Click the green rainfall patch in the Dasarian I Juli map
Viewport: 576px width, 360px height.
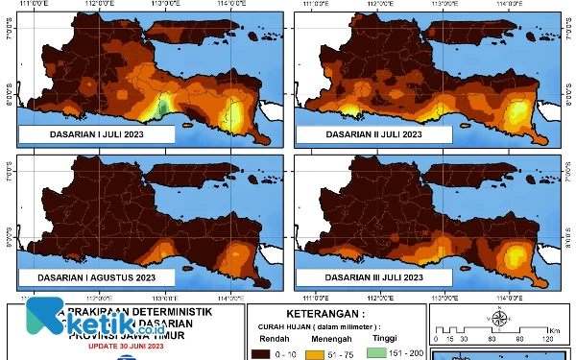click(164, 104)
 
